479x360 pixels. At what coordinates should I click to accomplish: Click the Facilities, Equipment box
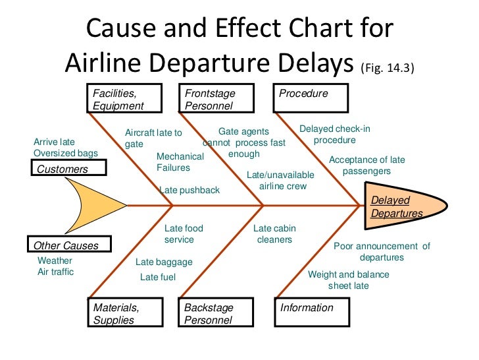tap(125, 99)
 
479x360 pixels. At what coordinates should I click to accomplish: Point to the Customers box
tap(68, 169)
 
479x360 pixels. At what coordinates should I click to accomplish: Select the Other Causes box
tap(68, 245)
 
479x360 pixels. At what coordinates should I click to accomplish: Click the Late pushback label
tap(189, 190)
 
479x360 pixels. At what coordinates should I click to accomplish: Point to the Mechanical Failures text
tap(180, 162)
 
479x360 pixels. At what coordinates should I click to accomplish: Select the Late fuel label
tap(158, 277)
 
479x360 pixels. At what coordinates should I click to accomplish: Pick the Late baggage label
tap(164, 262)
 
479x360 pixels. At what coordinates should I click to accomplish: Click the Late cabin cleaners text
tap(274, 234)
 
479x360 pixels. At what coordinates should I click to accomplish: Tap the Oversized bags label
tap(65, 153)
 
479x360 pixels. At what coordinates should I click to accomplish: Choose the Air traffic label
tap(56, 272)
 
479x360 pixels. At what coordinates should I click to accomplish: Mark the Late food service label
tap(184, 234)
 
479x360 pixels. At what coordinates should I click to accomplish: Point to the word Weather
tap(55, 260)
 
